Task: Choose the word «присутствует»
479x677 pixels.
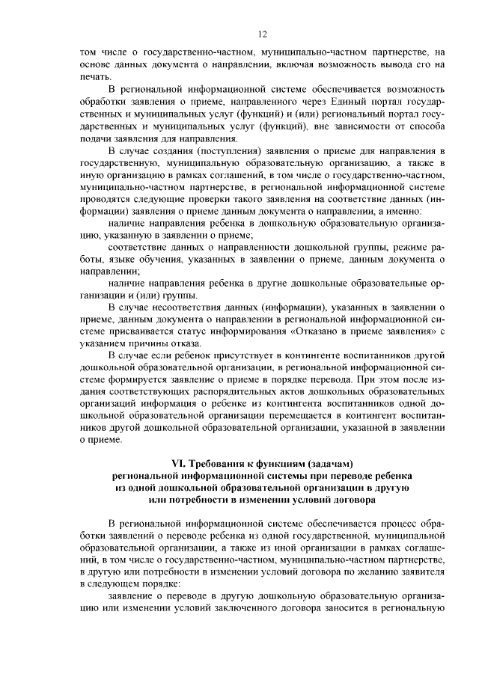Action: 239,355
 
